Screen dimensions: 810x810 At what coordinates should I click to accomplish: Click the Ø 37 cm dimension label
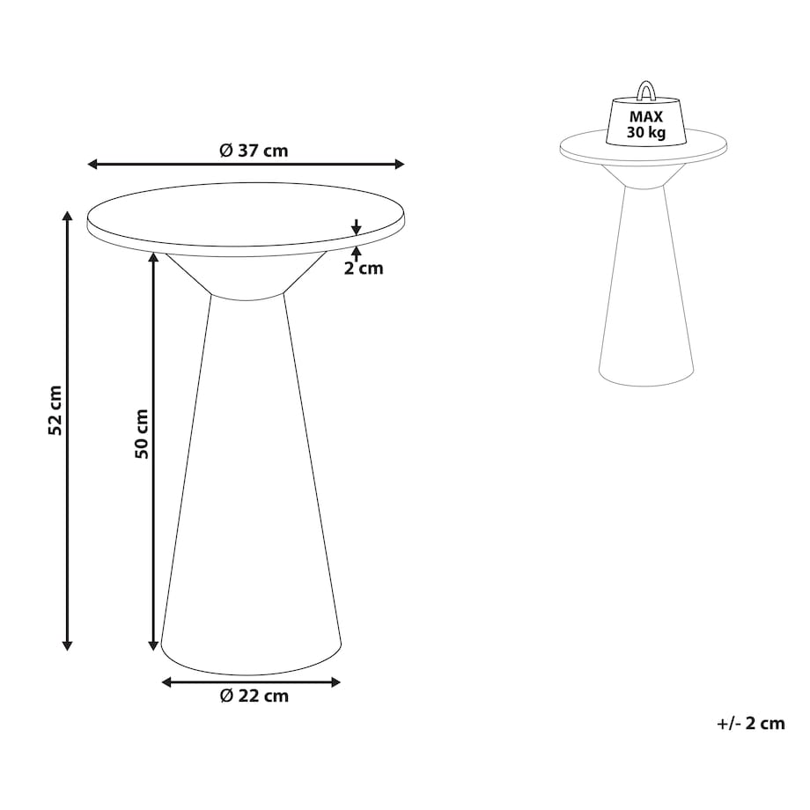(254, 151)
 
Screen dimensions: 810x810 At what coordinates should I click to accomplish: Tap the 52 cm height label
(55, 410)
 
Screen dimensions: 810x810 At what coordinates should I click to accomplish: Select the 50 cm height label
(141, 434)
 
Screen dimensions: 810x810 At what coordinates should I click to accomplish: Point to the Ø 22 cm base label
(254, 696)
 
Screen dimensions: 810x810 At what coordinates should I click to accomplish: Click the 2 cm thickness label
(364, 269)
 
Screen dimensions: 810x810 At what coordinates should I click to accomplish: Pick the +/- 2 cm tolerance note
(751, 724)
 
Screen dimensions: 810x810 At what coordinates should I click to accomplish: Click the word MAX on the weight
(645, 117)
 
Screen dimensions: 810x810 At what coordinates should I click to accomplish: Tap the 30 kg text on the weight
(646, 133)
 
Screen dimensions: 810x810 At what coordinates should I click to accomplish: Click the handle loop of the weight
(645, 90)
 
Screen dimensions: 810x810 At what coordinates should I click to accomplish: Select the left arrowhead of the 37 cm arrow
(92, 165)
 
